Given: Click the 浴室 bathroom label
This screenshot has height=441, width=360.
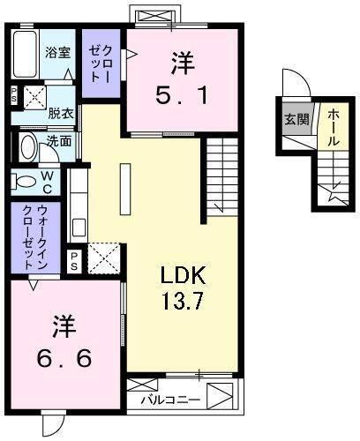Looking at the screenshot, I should [58, 52].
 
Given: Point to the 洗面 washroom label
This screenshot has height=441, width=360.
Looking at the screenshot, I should [60, 141].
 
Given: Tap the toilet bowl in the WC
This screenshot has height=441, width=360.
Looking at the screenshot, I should [24, 183].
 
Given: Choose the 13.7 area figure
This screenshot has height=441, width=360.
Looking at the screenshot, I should [183, 302].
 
